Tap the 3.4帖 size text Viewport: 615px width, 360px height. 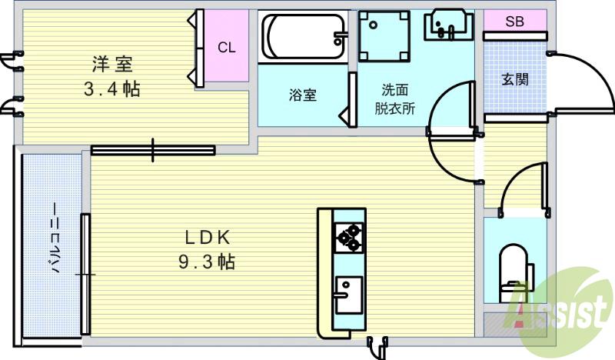(111, 88)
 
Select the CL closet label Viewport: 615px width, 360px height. (226, 48)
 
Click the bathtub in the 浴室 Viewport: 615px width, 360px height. (304, 35)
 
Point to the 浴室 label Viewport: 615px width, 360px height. (303, 95)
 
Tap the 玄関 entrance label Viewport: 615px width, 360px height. (514, 80)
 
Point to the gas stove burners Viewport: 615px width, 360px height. (348, 237)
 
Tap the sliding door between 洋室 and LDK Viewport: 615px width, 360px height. (153, 150)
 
